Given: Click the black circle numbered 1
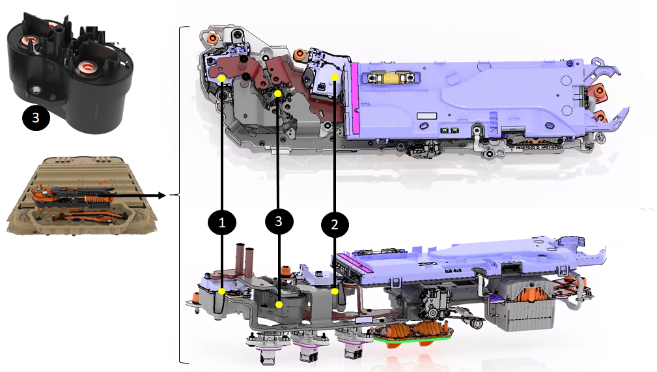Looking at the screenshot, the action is click(222, 222).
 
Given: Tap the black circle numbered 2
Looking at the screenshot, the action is click(335, 225).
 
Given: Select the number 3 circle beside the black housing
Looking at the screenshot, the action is click(36, 117).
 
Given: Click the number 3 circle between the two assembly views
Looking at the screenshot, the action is click(279, 221).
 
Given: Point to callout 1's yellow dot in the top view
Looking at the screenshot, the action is click(221, 78).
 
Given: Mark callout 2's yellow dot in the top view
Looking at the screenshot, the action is click(335, 77).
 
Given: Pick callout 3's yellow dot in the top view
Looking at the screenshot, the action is click(277, 94).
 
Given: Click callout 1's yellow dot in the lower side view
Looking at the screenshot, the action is click(221, 291).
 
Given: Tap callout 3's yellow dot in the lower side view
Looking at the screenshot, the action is click(279, 305).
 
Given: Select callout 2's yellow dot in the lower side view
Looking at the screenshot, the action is click(335, 291).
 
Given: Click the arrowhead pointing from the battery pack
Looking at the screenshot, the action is click(163, 195).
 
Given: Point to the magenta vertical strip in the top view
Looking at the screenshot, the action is click(354, 98).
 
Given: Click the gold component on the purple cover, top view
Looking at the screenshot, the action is click(389, 78).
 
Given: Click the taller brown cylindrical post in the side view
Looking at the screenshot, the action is click(240, 258).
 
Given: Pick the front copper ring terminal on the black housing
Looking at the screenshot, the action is click(87, 66).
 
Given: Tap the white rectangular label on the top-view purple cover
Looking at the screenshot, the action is click(426, 116).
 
